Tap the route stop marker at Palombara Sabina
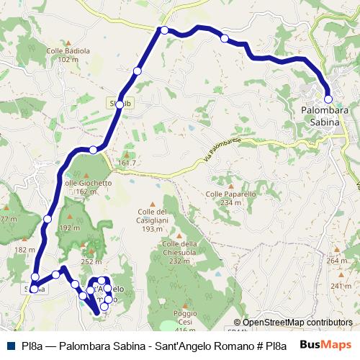[328, 99]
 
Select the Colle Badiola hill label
[68, 55]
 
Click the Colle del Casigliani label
[153, 220]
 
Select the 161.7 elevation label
[127, 163]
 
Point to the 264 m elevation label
[336, 261]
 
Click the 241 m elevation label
[341, 286]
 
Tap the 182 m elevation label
[24, 250]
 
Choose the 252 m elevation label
[91, 262]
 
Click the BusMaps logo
[325, 343]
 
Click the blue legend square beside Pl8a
[10, 343]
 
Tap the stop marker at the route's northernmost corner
[165, 30]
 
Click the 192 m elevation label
[70, 228]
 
